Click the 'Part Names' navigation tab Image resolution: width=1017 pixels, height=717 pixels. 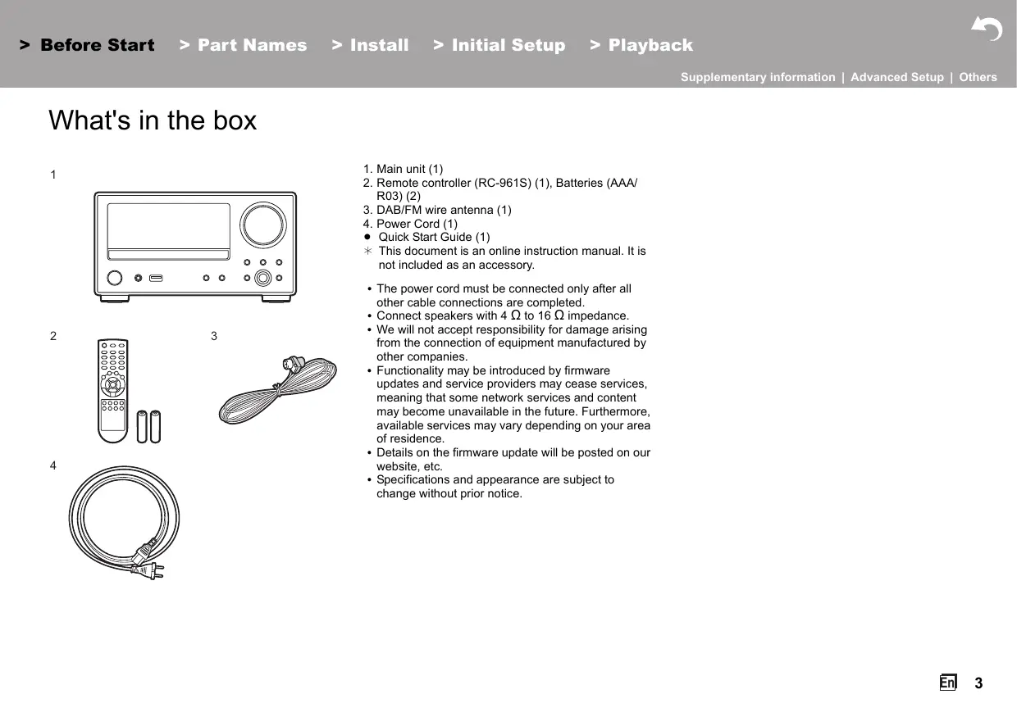point(244,46)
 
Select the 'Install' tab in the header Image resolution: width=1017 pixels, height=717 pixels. point(371,46)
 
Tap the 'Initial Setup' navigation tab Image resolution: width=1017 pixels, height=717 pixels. point(499,46)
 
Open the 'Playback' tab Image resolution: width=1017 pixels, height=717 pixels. point(641,46)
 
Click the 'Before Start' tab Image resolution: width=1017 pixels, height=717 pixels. point(88,46)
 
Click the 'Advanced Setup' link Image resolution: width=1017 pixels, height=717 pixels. point(896,77)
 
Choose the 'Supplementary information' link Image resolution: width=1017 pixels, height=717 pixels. point(758,77)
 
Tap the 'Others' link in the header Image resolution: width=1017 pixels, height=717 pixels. point(978,77)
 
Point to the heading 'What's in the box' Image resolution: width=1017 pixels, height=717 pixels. point(153,120)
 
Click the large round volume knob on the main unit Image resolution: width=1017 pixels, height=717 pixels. point(263,223)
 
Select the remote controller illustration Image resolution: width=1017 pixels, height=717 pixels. point(112,390)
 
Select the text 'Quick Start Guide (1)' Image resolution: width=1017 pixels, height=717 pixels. point(434,238)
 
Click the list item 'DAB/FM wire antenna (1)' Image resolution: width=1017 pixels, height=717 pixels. point(443,210)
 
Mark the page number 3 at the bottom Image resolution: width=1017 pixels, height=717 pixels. point(978,683)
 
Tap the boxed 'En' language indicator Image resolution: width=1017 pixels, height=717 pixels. point(948,683)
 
